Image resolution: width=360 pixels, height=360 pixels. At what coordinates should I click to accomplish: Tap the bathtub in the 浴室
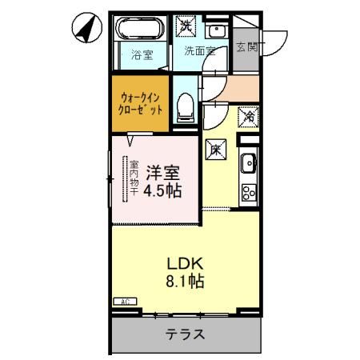140,32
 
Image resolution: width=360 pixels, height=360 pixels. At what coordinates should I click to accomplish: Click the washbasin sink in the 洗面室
216,31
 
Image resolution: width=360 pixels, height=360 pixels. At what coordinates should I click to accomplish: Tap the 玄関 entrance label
246,47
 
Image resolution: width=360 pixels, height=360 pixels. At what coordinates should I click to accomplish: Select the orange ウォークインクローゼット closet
140,102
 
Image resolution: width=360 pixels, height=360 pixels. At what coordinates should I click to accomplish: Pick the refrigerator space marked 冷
249,117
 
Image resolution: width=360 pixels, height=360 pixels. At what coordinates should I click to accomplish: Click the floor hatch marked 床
215,147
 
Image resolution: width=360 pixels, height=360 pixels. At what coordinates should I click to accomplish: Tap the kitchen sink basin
249,162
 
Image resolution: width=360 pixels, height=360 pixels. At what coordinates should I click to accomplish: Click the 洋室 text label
162,173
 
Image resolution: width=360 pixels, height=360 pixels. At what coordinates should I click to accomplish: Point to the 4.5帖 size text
162,192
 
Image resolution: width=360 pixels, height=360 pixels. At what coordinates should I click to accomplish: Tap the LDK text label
184,263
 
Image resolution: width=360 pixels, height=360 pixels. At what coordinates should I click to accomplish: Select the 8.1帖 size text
184,282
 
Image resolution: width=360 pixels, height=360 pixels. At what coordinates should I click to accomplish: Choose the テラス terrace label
185,334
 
